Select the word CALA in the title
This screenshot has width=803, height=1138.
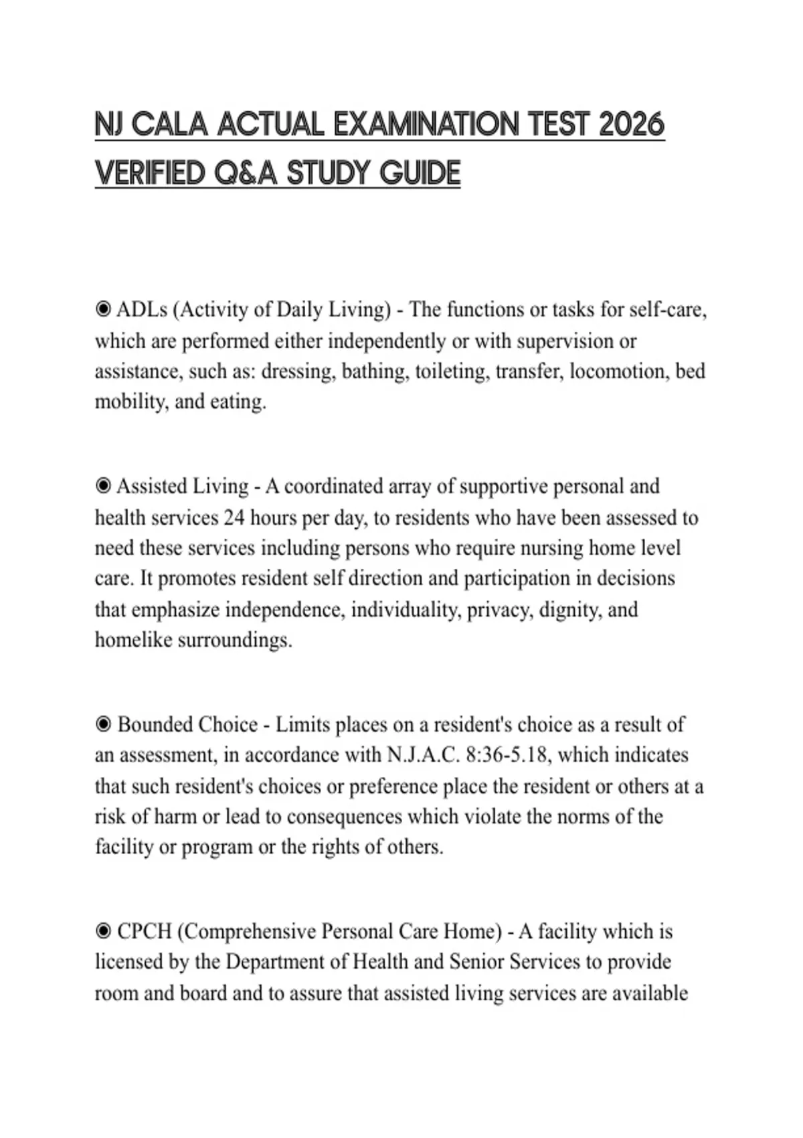tap(170, 125)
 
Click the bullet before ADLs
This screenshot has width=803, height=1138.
tap(103, 309)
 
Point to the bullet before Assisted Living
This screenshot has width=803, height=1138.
tap(103, 486)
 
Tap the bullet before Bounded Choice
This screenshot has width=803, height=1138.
tap(103, 724)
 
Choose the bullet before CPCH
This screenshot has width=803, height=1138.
tap(103, 931)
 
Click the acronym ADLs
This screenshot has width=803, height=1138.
tap(142, 310)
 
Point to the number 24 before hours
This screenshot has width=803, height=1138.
tap(234, 517)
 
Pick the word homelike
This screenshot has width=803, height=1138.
tap(131, 640)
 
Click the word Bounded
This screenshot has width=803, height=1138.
tap(155, 724)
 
